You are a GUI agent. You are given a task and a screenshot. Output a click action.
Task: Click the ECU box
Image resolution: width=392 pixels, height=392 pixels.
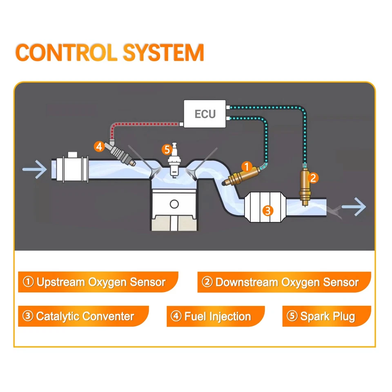tap(205, 114)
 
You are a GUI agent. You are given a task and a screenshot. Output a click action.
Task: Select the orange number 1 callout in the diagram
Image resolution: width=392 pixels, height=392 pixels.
tap(246, 166)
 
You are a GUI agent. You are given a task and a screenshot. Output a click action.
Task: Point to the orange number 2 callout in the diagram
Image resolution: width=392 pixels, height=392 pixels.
tap(313, 178)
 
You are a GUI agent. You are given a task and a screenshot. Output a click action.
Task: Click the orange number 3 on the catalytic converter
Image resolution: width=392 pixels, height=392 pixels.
tap(267, 211)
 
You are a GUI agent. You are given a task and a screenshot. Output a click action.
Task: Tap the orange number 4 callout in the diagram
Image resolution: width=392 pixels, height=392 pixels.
tap(99, 146)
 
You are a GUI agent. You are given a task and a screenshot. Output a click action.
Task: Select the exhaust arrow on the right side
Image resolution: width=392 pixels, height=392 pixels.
tap(354, 208)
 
